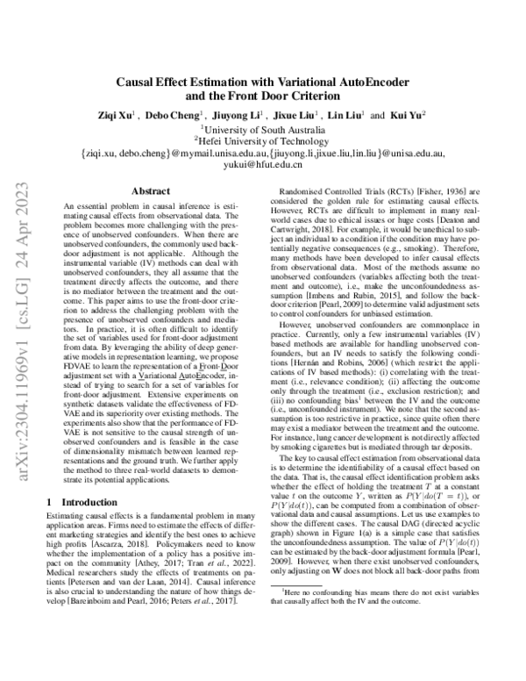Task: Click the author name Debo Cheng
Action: [178, 115]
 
